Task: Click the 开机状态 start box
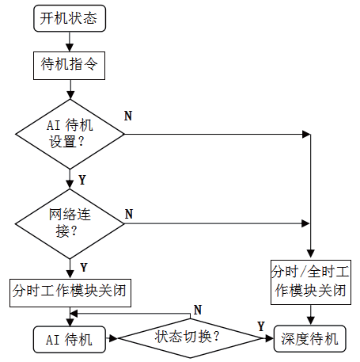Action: click(x=70, y=18)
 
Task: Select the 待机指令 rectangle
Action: click(x=69, y=66)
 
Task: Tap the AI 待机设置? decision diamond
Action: click(x=70, y=134)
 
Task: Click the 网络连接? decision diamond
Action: click(x=70, y=224)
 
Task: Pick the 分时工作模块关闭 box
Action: click(x=70, y=293)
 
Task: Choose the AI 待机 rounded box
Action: click(x=70, y=340)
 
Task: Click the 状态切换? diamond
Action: click(x=190, y=338)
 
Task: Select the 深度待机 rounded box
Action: click(x=310, y=339)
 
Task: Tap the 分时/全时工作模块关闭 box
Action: click(x=311, y=282)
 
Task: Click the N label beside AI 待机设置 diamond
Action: click(x=128, y=116)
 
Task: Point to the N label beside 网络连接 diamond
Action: click(x=129, y=214)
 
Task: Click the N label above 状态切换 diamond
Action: click(x=198, y=310)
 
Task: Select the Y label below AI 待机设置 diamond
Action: click(x=82, y=180)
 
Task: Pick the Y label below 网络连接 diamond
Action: click(x=84, y=268)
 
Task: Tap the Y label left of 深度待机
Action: click(x=261, y=326)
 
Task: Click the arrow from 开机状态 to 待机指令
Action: click(x=70, y=42)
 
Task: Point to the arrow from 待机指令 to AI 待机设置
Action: click(x=70, y=90)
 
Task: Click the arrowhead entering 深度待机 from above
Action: click(x=311, y=321)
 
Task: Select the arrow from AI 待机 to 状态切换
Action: click(x=112, y=338)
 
